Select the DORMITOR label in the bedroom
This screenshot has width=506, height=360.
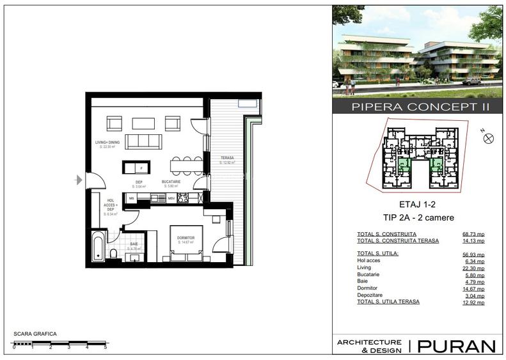pyautogui.click(x=185, y=237)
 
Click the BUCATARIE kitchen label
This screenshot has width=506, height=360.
pyautogui.click(x=180, y=182)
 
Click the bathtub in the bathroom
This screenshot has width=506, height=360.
pyautogui.click(x=98, y=246)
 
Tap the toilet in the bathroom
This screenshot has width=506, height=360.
pyautogui.click(x=113, y=255)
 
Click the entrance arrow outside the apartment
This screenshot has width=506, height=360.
pyautogui.click(x=78, y=180)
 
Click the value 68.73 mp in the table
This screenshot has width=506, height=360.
pyautogui.click(x=473, y=234)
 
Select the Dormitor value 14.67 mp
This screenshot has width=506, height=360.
pyautogui.click(x=473, y=288)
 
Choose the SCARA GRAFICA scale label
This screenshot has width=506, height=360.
pyautogui.click(x=35, y=334)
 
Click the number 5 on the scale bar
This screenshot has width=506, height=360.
pyautogui.click(x=105, y=347)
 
